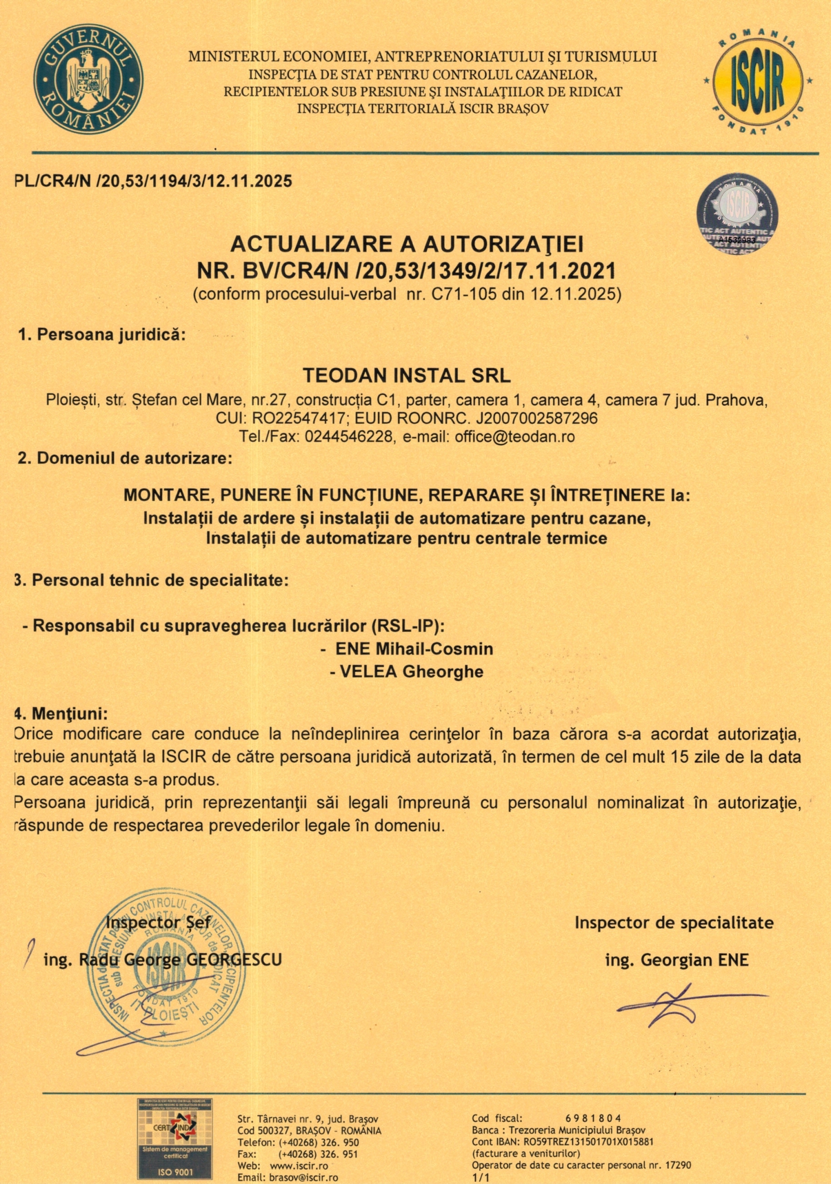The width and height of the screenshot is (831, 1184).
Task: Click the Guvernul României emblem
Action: pos(88,79)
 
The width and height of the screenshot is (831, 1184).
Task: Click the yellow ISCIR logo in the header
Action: pos(757,81)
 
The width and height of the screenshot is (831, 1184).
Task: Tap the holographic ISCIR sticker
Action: pos(737,214)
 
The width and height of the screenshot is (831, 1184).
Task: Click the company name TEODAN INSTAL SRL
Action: pos(407,376)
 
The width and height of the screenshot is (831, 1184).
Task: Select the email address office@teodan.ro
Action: pos(514,436)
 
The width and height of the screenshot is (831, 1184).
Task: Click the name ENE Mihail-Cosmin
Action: pos(414,649)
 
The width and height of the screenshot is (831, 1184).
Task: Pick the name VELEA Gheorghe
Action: pos(412,671)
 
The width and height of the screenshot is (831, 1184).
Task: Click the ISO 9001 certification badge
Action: pos(174,1139)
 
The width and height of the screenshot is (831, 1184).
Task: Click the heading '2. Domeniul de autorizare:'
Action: pos(125,458)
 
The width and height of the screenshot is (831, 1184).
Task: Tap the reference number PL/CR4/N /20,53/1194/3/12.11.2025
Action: pos(153,181)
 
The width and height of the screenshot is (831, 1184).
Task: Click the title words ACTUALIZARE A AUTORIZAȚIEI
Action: pos(407,244)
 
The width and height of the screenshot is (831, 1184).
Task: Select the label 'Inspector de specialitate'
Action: pos(674,923)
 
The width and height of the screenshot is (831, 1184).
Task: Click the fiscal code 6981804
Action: pos(593,1119)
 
